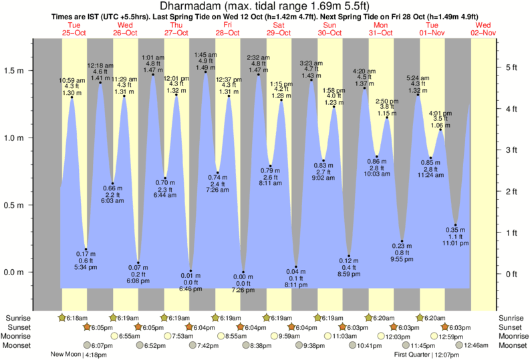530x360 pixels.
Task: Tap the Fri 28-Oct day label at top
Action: [x=227, y=29]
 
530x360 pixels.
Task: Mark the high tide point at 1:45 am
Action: [x=205, y=72]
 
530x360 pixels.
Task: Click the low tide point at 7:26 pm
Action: [x=244, y=273]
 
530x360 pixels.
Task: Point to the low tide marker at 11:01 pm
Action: [x=456, y=225]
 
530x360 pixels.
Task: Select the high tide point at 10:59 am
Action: [x=72, y=98]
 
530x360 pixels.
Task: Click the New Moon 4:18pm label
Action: [x=74, y=355]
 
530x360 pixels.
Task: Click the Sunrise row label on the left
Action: [x=16, y=317]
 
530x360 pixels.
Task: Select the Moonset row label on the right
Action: [x=513, y=345]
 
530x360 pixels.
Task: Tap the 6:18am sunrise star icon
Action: [x=63, y=318]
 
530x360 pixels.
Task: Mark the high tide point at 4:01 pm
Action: [x=440, y=130]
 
